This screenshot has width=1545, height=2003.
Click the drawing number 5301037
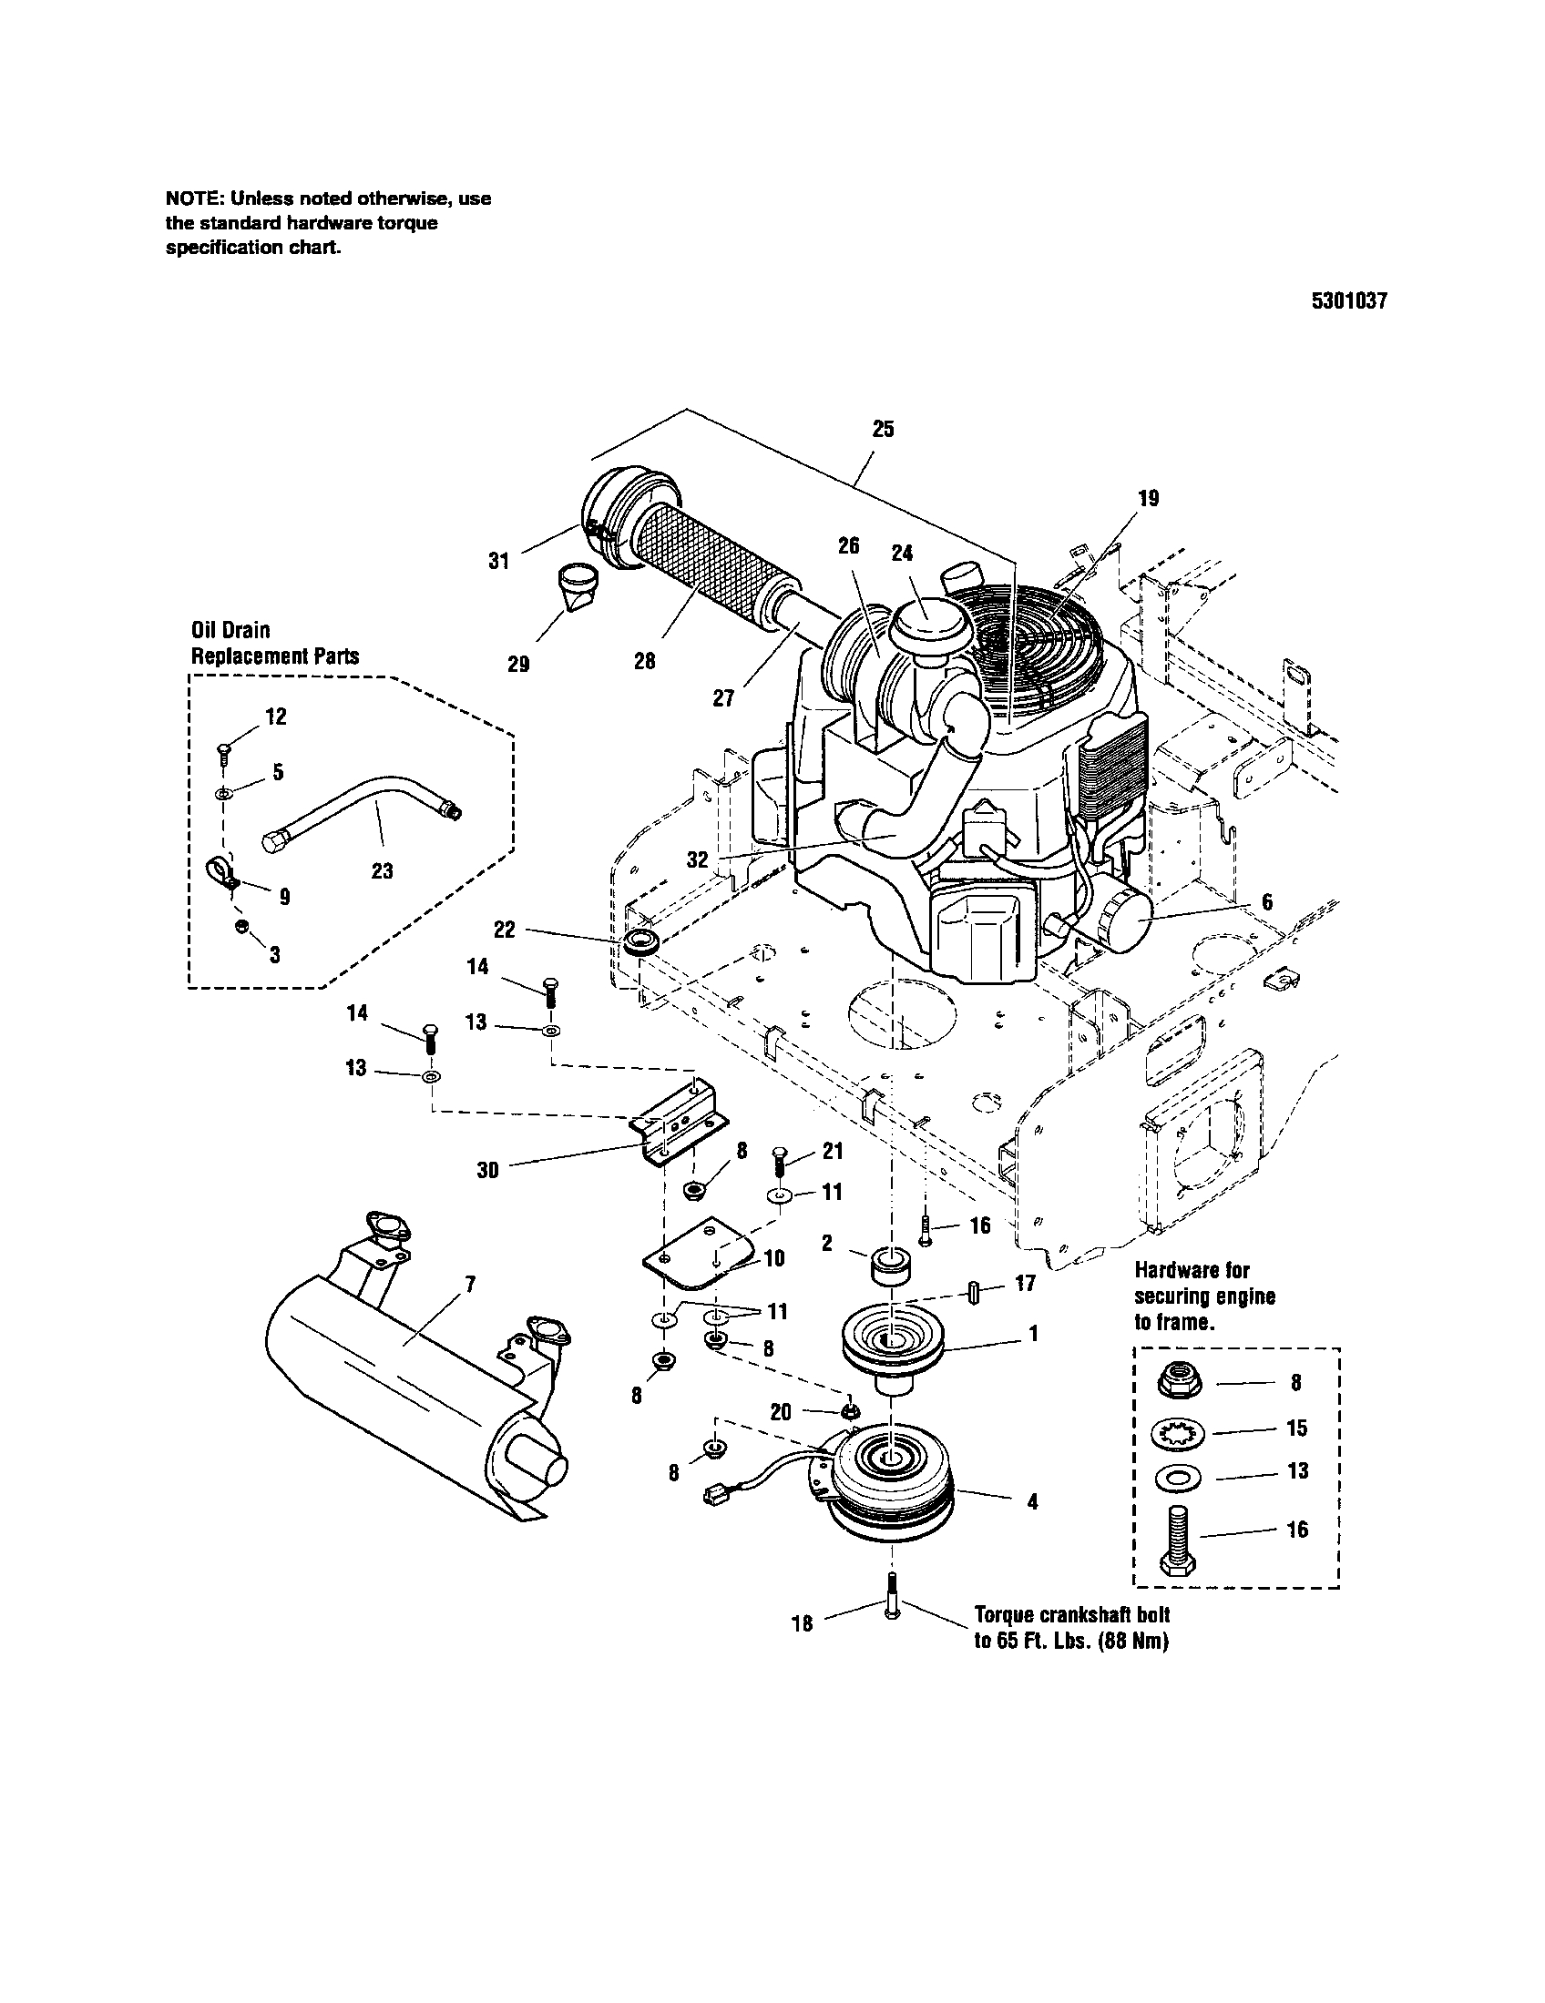[1348, 301]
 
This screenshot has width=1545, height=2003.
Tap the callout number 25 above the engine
[883, 429]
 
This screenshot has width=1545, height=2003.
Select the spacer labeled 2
[888, 1264]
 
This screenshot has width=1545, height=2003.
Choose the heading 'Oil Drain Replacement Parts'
[274, 642]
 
